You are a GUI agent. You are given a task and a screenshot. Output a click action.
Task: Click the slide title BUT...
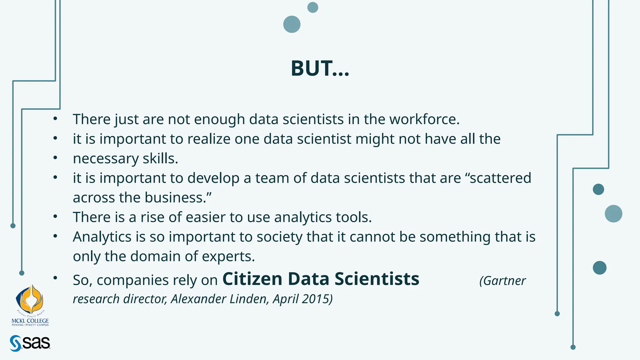[x=320, y=68]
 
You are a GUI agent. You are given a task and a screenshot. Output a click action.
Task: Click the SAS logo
[x=30, y=343]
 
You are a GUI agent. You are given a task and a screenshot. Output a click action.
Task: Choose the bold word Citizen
[x=252, y=279]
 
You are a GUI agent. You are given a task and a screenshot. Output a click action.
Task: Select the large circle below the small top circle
[x=292, y=24]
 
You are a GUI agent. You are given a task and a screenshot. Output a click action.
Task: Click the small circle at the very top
[x=313, y=7]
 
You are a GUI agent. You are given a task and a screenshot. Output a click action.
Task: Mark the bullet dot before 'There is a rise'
[x=55, y=216]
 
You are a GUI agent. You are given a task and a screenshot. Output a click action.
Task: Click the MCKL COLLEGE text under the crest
[x=30, y=321]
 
